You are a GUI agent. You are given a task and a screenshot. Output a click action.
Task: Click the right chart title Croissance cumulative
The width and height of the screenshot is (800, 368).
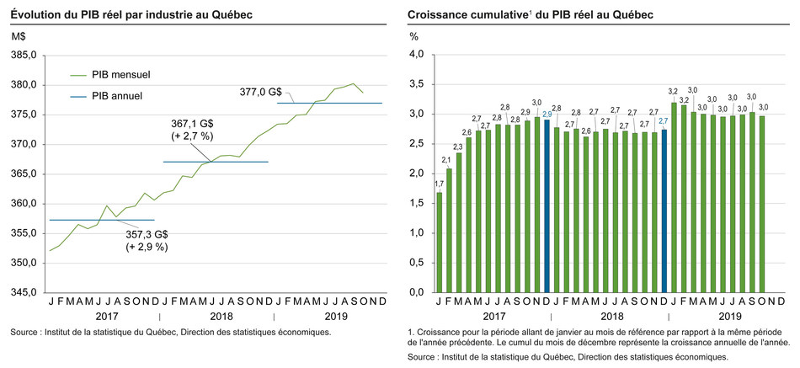531,15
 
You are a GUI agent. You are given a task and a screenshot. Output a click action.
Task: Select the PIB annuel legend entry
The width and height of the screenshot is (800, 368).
117,95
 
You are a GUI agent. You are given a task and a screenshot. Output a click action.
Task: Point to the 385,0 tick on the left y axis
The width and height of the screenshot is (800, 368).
24,55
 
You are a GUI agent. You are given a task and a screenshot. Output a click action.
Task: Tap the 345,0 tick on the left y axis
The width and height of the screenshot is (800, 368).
24,292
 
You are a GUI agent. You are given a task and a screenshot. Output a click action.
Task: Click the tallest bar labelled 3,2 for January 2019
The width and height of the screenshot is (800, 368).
673,197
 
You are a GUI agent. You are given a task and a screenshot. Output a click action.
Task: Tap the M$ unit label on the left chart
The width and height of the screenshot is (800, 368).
19,36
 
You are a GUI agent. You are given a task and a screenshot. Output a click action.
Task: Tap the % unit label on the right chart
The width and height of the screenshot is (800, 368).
413,36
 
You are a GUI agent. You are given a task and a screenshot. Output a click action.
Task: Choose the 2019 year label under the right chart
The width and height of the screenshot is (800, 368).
729,317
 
